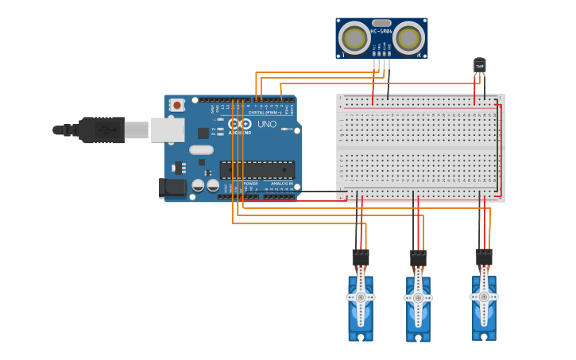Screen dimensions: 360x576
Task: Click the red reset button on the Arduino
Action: click(x=176, y=105)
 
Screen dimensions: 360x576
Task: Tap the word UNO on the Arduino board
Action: click(x=267, y=124)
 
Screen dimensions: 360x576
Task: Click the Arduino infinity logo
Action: click(x=239, y=123)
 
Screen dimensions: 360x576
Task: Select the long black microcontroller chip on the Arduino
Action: click(x=257, y=170)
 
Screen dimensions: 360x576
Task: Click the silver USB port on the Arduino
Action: click(x=168, y=130)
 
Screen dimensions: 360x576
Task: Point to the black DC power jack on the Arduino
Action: click(x=172, y=188)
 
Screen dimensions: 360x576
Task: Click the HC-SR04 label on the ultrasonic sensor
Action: click(x=381, y=32)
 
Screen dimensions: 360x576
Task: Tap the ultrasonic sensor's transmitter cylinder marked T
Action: click(x=354, y=38)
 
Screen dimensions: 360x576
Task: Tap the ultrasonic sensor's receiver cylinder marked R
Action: click(x=409, y=38)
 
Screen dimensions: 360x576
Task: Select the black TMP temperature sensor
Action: click(x=479, y=65)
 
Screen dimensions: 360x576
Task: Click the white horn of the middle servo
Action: click(x=418, y=297)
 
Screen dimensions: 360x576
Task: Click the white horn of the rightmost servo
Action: click(x=483, y=296)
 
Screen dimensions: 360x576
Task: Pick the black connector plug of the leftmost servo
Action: click(x=361, y=257)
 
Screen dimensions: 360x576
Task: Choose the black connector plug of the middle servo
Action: click(x=418, y=259)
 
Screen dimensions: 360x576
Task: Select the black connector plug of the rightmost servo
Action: click(x=483, y=257)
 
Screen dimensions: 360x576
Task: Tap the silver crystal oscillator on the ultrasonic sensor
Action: click(x=381, y=23)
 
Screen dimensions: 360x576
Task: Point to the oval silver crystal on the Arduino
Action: click(x=202, y=149)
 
